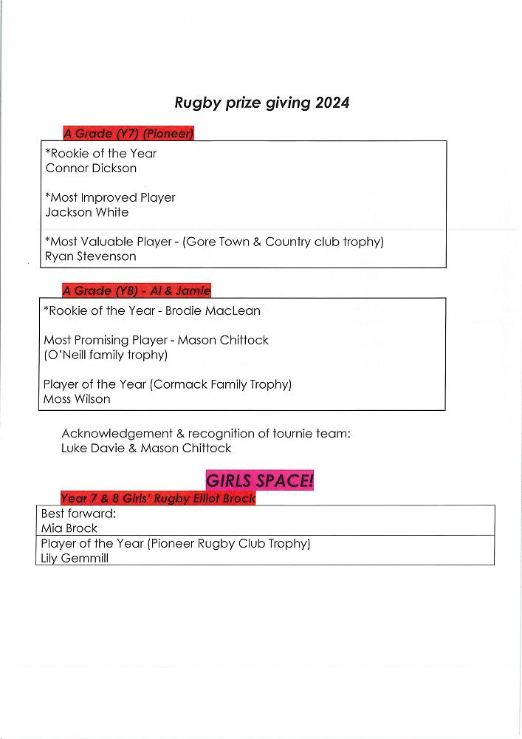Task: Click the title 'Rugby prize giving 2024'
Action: click(x=261, y=103)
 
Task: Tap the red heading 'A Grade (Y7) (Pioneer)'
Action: click(x=128, y=134)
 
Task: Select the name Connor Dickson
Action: click(x=91, y=168)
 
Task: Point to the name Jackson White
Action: click(x=86, y=213)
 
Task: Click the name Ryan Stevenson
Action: click(x=90, y=257)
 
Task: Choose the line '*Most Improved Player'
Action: click(x=110, y=198)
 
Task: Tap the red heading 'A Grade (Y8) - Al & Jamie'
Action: click(x=137, y=291)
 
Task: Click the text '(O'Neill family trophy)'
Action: click(x=106, y=355)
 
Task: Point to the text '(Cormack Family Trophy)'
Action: click(x=221, y=385)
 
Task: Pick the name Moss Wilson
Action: click(x=77, y=400)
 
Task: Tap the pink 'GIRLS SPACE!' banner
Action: click(x=259, y=480)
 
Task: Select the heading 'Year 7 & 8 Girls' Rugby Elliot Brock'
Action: click(x=158, y=499)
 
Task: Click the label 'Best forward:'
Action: click(x=74, y=514)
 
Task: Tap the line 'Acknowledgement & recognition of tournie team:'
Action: click(x=206, y=434)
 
